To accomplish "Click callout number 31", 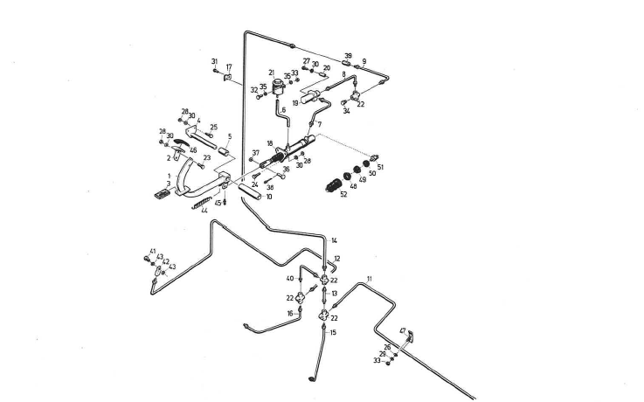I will tap(215, 60).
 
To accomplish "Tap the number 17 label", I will tap(229, 66).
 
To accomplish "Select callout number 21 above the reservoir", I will tap(272, 72).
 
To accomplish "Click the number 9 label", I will tap(364, 61).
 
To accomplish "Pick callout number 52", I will tap(343, 194).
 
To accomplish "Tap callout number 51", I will tap(380, 167).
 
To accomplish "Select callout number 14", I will tap(334, 240).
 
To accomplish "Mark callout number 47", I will tap(403, 330).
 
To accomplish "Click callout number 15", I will tap(333, 333).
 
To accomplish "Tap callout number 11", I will tap(370, 278).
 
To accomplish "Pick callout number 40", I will tap(290, 279).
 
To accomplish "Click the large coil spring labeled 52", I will tap(335, 184).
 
